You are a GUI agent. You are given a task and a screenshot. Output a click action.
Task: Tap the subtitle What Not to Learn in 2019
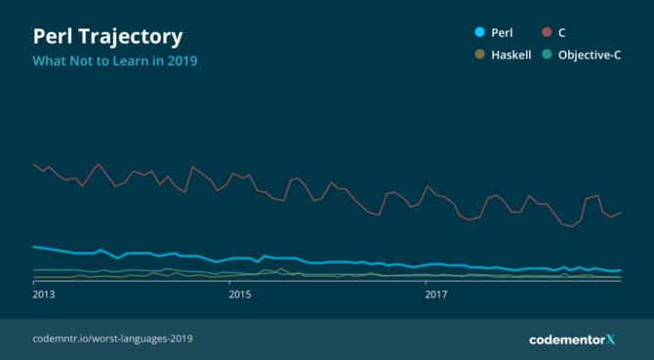(115, 61)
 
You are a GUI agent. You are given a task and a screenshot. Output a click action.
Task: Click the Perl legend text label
(502, 32)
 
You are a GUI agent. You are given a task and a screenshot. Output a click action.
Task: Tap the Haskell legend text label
(511, 56)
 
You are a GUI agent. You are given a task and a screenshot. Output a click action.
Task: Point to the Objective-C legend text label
(590, 56)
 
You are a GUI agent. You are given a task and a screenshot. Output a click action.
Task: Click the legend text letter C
(562, 32)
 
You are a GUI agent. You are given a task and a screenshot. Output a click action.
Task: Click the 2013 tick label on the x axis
(44, 293)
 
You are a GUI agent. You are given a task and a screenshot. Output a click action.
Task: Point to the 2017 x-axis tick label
(429, 293)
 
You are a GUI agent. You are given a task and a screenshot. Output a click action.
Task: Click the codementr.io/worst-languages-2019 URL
(112, 339)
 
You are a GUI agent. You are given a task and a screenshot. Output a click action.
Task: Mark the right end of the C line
(621, 212)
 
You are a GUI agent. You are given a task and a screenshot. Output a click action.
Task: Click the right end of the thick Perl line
(621, 270)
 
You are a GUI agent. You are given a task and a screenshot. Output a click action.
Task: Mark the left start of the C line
(34, 164)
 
